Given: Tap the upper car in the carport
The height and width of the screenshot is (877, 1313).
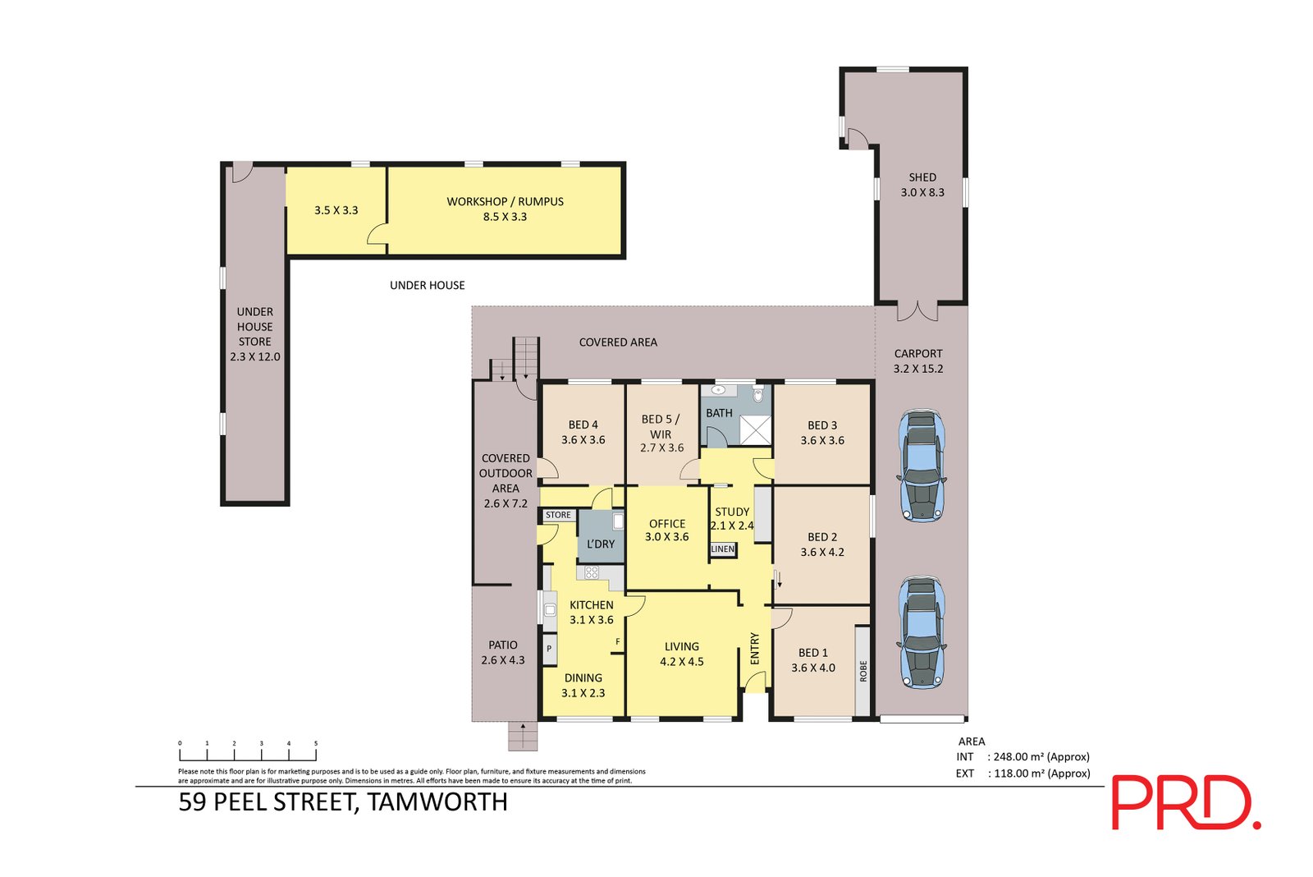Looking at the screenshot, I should tap(922, 465).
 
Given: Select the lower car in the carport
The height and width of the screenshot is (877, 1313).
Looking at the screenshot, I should tap(922, 631).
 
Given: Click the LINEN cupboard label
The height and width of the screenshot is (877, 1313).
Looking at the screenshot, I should tap(723, 549).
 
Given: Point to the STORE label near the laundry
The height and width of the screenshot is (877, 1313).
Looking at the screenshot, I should tap(558, 515).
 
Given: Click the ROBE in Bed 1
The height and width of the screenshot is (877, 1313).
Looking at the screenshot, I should tap(862, 670).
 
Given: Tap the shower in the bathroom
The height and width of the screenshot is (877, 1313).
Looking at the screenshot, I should tap(756, 429).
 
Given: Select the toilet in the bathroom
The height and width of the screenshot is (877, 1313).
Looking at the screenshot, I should tap(758, 395).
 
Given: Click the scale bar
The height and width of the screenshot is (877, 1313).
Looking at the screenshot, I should tap(248, 752).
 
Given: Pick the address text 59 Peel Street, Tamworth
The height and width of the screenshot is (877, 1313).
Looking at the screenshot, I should tap(343, 802).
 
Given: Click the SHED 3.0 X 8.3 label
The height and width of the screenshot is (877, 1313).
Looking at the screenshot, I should tap(922, 185).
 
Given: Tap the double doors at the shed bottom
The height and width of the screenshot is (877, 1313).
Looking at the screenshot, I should tap(917, 311).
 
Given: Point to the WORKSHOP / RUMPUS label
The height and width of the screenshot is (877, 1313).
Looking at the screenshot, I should tap(505, 209).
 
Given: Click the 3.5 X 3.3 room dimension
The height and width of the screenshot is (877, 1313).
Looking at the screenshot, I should tap(336, 210).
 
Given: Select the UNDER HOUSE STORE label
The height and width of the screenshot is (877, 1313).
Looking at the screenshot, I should tap(254, 333).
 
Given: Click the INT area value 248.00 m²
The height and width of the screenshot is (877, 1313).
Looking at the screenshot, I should tap(1041, 757).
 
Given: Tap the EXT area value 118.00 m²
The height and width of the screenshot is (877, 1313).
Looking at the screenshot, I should tap(1041, 774).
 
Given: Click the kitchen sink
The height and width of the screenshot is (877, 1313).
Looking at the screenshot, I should tap(550, 611).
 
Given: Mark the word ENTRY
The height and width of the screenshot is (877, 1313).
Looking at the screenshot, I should tap(755, 648).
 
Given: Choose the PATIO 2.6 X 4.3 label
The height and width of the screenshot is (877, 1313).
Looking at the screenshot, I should tap(503, 652).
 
